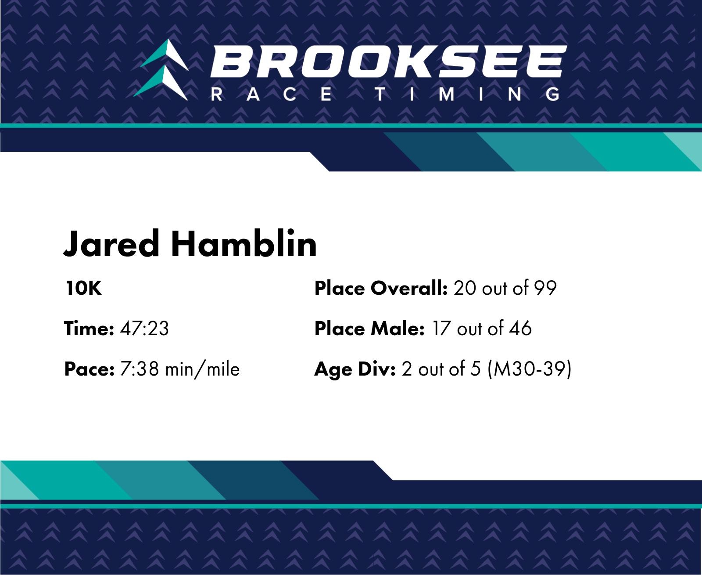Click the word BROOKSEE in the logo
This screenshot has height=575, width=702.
388,61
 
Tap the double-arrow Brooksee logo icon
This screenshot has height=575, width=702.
161,70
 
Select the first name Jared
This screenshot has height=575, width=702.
111,244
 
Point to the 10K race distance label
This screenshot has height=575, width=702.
83,288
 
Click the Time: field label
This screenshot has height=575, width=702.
89,328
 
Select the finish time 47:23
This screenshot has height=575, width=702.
144,328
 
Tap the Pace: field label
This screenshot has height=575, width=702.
90,369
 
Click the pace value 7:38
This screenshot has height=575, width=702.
139,369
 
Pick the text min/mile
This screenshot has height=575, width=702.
202,369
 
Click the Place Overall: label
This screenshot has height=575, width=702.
381,288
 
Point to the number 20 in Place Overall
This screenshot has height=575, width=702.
465,288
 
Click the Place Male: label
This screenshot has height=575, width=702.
369,328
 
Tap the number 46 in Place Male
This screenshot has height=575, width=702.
520,328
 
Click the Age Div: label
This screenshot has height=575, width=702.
355,369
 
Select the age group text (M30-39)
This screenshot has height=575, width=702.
530,369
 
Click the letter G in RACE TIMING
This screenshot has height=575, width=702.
552,94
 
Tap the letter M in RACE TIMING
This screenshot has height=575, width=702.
446,94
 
